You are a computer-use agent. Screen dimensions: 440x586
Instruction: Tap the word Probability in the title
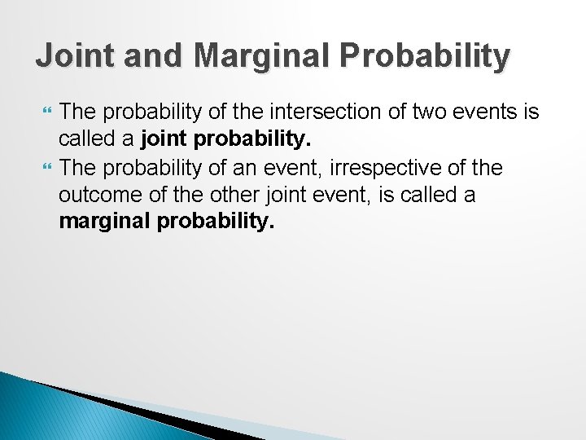pos(427,56)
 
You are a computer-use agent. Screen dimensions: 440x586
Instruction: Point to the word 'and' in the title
pos(144,56)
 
